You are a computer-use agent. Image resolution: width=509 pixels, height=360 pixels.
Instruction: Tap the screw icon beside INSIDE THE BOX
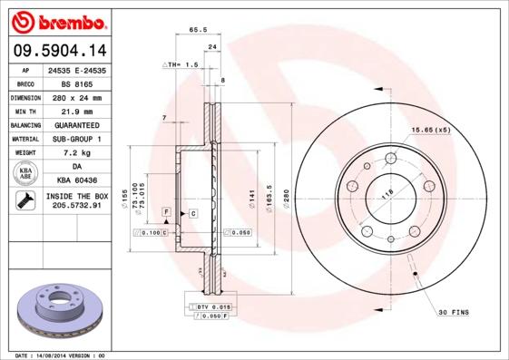[25, 200]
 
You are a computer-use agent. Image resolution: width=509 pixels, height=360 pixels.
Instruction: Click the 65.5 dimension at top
[195, 30]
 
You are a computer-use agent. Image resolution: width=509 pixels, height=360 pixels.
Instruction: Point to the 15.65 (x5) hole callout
[430, 131]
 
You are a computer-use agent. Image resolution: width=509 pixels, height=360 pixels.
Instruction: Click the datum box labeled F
[167, 211]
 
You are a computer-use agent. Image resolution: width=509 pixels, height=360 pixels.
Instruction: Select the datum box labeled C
[193, 212]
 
